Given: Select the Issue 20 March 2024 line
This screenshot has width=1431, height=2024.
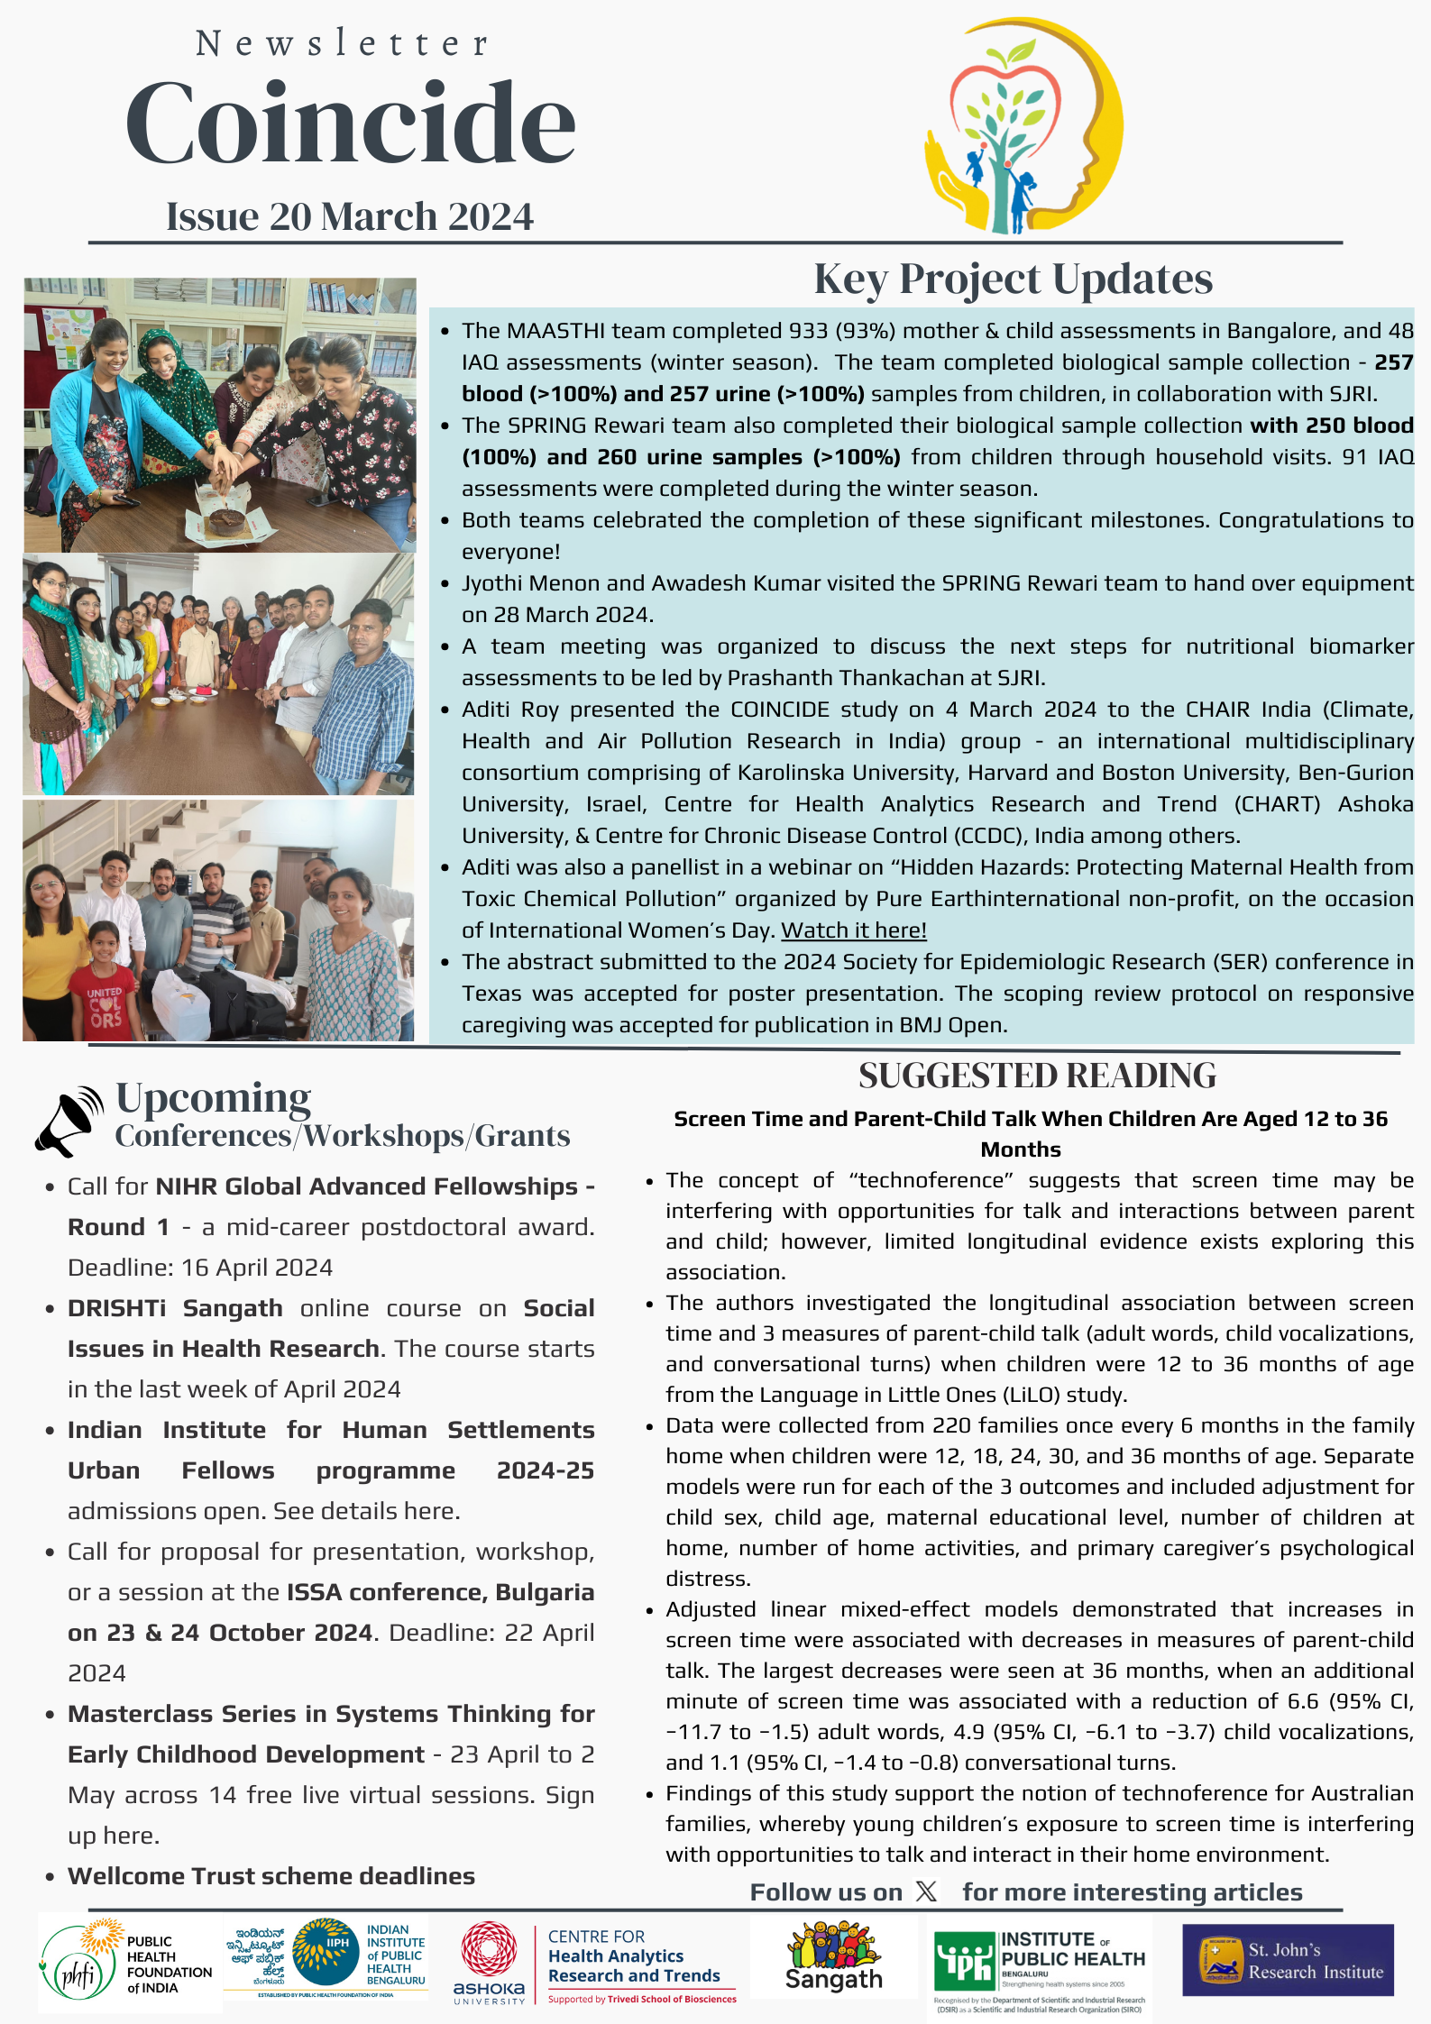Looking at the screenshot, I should coord(350,217).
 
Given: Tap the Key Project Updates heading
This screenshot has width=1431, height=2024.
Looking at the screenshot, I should coord(1013,279).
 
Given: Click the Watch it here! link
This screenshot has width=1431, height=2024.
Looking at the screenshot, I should coord(853,930).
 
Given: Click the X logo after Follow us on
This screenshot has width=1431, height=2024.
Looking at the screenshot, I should coord(926,1891).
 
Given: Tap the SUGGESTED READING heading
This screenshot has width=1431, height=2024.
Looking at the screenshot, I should coord(1037,1076).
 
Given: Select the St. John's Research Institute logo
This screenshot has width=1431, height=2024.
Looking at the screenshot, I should coord(1288,1960).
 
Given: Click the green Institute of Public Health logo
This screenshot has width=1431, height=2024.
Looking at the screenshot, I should coord(1039,1962).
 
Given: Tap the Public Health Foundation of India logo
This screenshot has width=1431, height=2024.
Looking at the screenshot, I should coord(126,1963).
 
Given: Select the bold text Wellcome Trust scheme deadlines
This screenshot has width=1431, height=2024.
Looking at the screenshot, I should coord(271,1876).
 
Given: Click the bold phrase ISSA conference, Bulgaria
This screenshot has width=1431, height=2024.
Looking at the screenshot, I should coord(440,1592).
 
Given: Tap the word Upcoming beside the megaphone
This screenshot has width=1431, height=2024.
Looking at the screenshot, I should coord(214,1098).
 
